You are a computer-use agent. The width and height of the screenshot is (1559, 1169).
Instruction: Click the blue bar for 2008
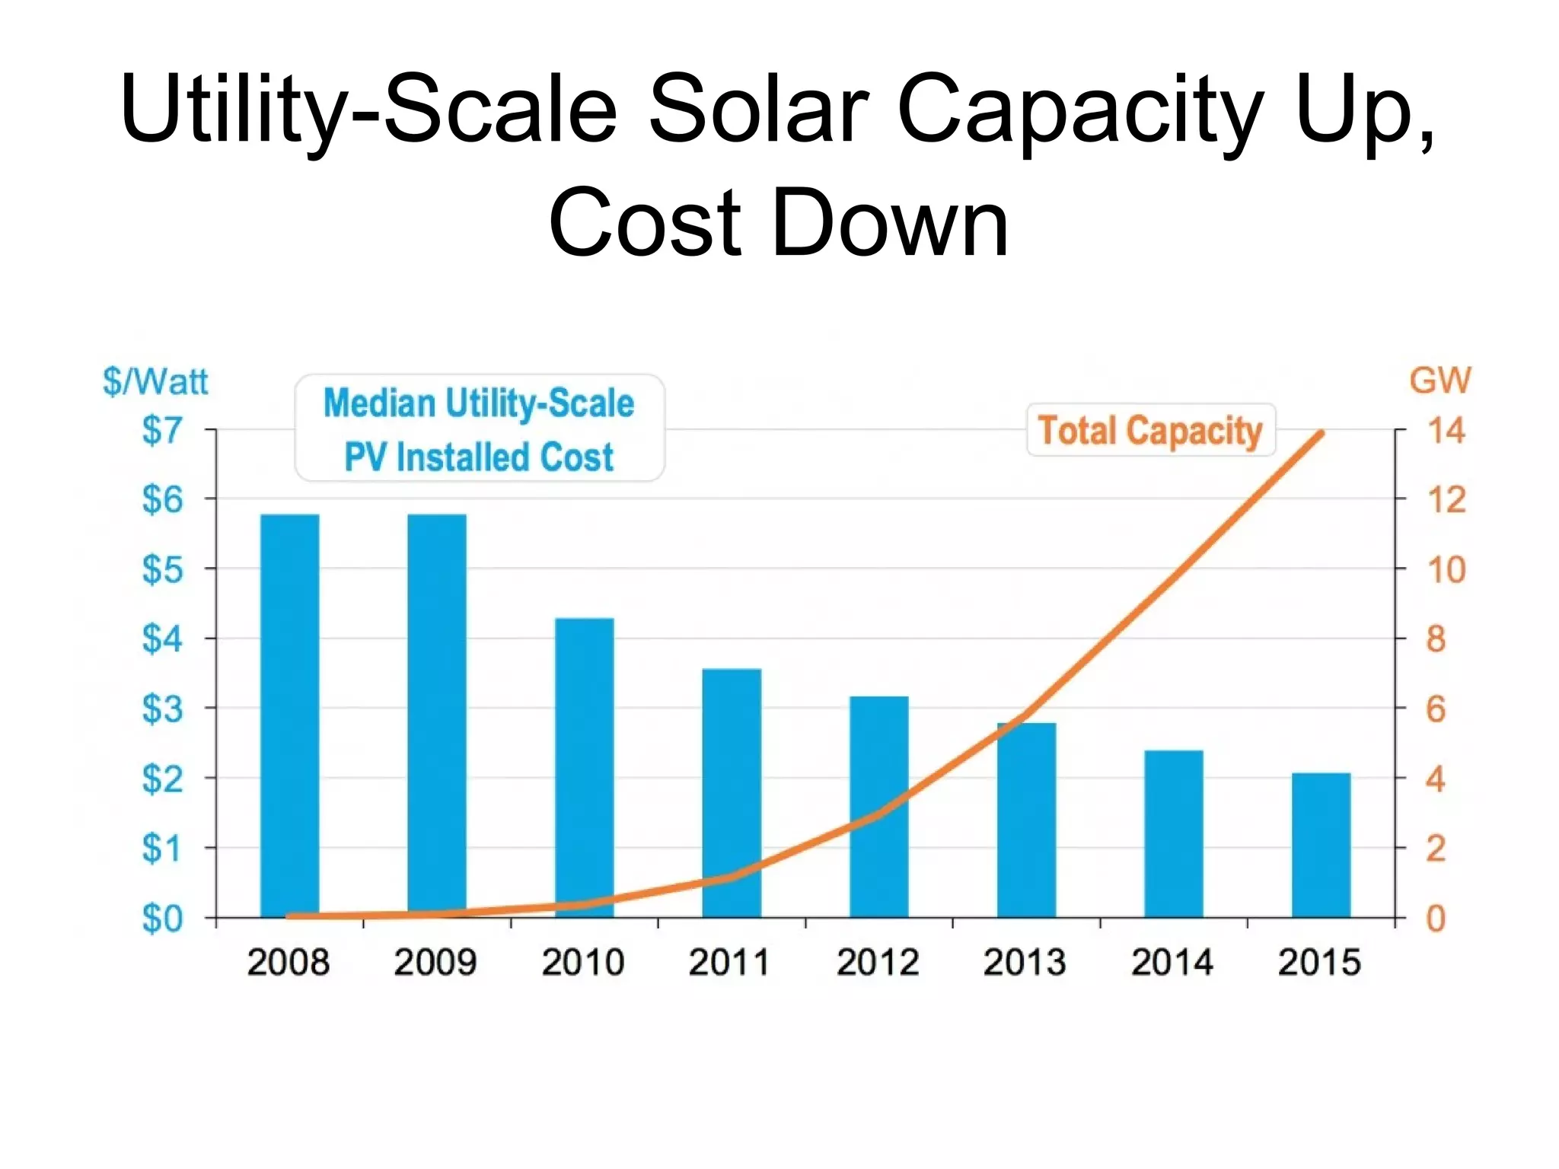click(289, 715)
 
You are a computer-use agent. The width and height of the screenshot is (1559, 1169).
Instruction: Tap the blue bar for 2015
click(1321, 845)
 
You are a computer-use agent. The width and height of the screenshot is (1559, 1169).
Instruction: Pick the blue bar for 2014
click(1173, 833)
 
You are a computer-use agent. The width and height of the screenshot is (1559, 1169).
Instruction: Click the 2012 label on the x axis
click(878, 962)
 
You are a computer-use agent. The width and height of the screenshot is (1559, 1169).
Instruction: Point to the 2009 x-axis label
click(435, 962)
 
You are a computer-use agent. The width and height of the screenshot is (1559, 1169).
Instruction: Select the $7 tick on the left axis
click(162, 431)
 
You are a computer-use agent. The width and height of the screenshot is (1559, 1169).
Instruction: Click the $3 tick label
click(162, 709)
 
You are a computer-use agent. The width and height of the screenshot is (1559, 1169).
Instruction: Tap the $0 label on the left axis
click(162, 919)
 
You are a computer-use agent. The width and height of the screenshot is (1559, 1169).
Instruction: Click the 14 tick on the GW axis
click(1446, 431)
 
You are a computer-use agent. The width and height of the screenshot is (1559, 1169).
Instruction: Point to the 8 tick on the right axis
click(1436, 639)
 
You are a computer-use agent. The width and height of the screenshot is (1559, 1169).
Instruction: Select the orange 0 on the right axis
click(1436, 919)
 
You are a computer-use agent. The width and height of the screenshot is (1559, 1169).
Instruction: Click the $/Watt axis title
click(155, 381)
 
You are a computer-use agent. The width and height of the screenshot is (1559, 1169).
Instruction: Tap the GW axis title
click(1439, 380)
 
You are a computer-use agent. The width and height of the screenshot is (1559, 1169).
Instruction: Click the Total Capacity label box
click(1150, 431)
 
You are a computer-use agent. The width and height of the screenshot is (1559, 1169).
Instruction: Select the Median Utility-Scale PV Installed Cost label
click(479, 428)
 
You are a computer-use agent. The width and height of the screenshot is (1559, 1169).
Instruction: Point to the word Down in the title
click(890, 223)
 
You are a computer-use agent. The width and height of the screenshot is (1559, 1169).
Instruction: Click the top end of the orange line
click(1321, 434)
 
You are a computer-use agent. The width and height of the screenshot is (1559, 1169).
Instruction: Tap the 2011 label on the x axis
click(729, 962)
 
